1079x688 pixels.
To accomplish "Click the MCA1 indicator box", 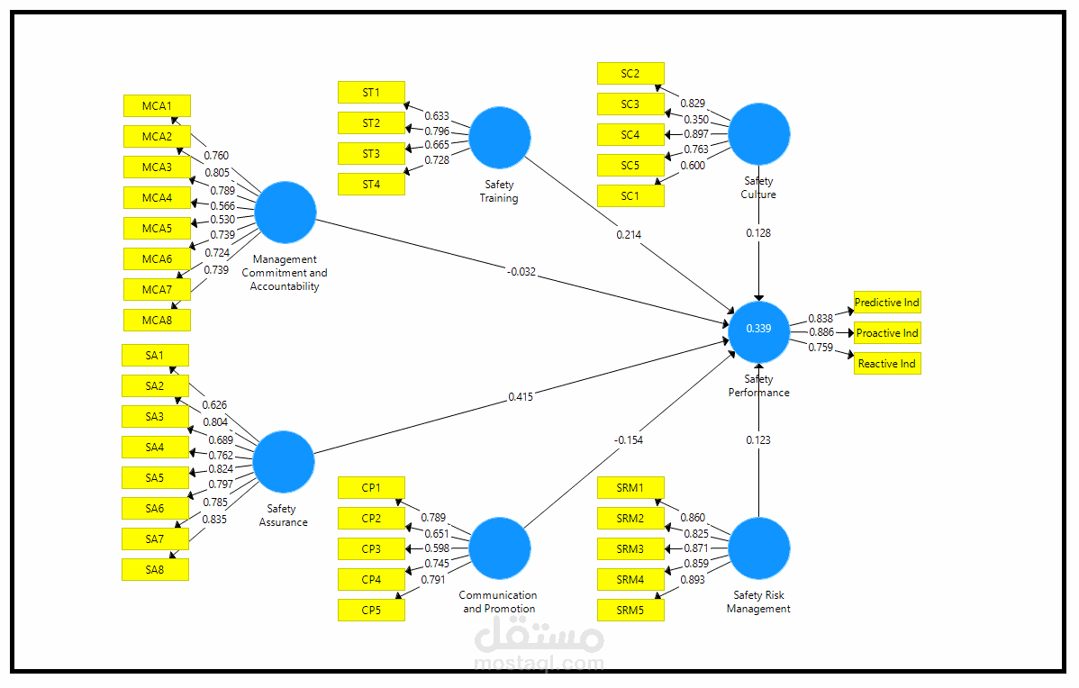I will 157,106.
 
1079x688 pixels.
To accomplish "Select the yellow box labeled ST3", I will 371,153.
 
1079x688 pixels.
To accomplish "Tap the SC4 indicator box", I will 630,135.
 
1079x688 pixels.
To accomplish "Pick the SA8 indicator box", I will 155,569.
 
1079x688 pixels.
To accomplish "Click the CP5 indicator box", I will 371,610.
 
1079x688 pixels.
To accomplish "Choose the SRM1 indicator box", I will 630,488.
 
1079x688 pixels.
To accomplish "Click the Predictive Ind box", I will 887,303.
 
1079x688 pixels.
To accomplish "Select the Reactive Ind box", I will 887,364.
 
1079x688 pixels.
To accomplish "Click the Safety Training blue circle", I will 500,138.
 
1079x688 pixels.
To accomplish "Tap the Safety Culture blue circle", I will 759,134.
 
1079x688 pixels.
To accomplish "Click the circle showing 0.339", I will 759,329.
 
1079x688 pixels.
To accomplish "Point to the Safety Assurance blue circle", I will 284,461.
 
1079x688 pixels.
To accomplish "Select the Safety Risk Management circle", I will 759,548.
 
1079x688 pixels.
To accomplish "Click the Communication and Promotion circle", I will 500,548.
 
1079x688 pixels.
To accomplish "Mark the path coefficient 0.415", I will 520,396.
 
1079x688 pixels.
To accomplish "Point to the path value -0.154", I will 629,439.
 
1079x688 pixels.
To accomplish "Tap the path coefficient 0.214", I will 629,234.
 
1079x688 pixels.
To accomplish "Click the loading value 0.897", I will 694,134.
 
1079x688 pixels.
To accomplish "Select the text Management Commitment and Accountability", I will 285,273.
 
